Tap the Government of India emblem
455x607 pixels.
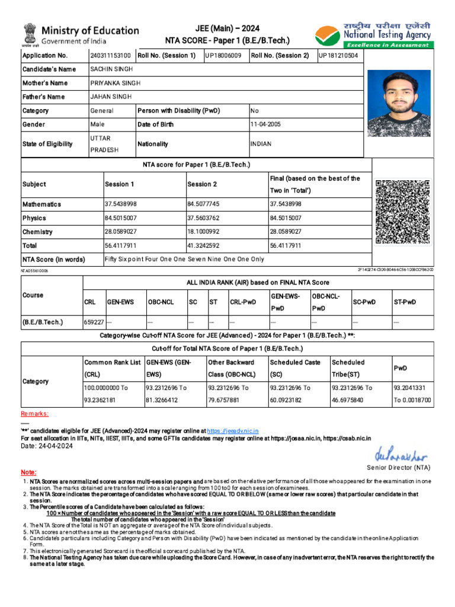tap(29, 34)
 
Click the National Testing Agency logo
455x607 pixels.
tap(328, 36)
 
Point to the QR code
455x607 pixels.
tap(402, 211)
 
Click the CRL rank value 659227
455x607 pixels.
tap(94, 322)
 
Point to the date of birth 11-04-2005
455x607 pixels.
tap(265, 124)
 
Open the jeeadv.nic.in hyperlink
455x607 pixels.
tap(232, 430)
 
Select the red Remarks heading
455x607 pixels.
tap(35, 413)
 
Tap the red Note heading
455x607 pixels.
tap(28, 472)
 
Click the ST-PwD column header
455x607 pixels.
tap(405, 302)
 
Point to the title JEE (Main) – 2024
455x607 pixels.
tap(227, 28)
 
